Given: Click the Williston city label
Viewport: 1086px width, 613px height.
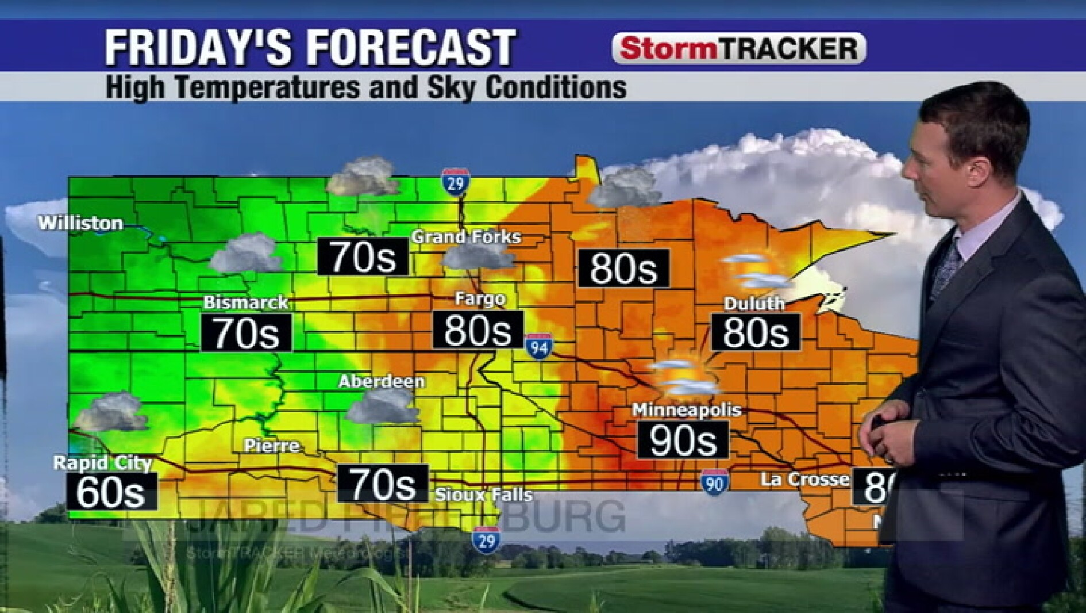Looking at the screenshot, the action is coord(80,223).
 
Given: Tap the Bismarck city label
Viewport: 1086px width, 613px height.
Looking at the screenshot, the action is coord(246,302).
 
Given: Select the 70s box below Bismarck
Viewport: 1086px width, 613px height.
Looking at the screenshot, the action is coord(247,333).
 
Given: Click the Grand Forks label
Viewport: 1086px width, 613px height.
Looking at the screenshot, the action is coord(466,236).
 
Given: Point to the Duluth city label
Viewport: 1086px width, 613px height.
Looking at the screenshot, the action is coord(754,304).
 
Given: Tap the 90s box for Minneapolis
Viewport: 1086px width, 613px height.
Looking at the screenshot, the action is coord(683,440).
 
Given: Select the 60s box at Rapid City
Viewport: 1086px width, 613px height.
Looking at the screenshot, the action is coord(111,492).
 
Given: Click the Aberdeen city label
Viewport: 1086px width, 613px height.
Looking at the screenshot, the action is coord(382,381).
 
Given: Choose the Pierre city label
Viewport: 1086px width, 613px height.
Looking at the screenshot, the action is coord(271,446).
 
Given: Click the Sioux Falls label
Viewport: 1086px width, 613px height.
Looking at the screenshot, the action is coord(484,495).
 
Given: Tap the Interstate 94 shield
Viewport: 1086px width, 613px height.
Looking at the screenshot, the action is coord(539,346).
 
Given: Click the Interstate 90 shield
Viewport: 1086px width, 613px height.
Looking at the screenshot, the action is coord(714,482).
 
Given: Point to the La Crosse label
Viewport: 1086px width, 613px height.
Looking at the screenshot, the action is coord(804,479).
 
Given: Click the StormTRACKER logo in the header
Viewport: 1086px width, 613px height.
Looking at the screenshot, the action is coord(738,48).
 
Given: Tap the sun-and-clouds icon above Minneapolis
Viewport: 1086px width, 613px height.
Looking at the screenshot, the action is coord(683,377).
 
